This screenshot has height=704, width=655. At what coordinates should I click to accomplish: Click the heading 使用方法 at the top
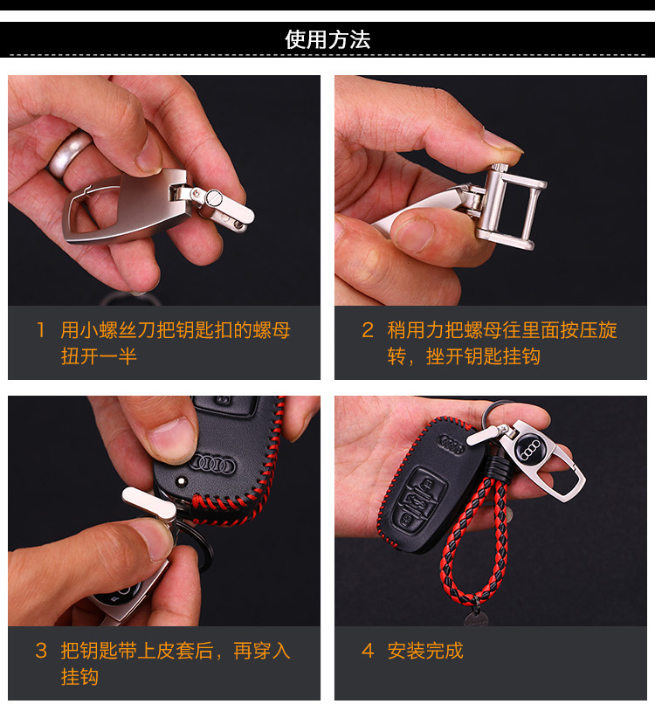(x=327, y=39)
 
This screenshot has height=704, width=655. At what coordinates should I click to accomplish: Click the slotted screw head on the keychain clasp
(x=213, y=197)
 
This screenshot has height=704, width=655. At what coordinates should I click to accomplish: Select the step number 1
(x=41, y=330)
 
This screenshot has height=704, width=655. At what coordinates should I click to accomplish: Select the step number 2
(x=368, y=330)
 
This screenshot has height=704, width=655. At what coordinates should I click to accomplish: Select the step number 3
(x=41, y=651)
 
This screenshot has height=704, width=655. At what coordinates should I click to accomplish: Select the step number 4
(x=368, y=651)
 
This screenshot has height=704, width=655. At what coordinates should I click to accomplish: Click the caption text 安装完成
(x=425, y=651)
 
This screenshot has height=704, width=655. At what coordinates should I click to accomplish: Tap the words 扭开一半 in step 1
(x=99, y=356)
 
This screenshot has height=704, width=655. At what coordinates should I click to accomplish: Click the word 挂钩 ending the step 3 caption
(x=80, y=677)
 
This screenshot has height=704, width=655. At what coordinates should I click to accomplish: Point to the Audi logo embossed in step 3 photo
(x=212, y=465)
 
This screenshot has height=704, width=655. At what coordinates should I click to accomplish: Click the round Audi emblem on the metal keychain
(x=530, y=448)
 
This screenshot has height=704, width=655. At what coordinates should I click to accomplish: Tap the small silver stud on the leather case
(x=181, y=481)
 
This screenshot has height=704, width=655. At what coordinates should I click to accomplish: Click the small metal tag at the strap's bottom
(x=477, y=618)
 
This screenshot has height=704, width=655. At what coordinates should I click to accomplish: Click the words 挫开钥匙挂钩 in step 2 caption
(x=483, y=356)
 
